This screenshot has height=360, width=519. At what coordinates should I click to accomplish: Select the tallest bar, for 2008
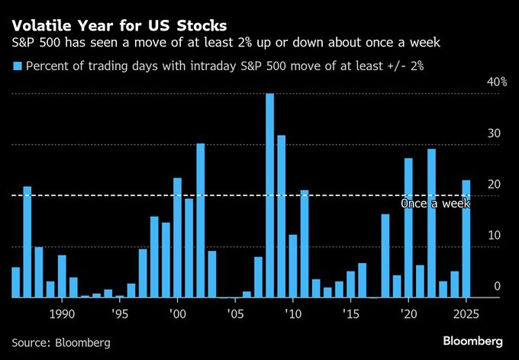point(270,195)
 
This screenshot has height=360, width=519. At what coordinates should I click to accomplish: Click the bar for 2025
point(466,239)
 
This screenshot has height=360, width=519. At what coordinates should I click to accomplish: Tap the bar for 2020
point(408,227)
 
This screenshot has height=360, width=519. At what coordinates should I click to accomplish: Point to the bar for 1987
point(27,242)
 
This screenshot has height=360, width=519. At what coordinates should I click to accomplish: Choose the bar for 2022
point(431,223)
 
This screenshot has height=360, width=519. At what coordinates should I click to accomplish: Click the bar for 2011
point(305,243)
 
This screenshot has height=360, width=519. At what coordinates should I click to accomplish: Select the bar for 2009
point(282,216)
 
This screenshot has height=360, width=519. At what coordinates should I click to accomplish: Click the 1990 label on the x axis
point(62,313)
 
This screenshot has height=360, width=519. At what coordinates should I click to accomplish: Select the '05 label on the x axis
point(234,313)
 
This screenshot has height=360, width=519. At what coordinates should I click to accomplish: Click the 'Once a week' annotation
point(435,204)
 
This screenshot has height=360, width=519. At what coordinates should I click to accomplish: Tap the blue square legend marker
point(17,66)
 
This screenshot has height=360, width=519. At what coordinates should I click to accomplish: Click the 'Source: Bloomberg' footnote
point(61,342)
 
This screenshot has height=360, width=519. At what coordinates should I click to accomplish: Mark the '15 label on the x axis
point(350,313)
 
